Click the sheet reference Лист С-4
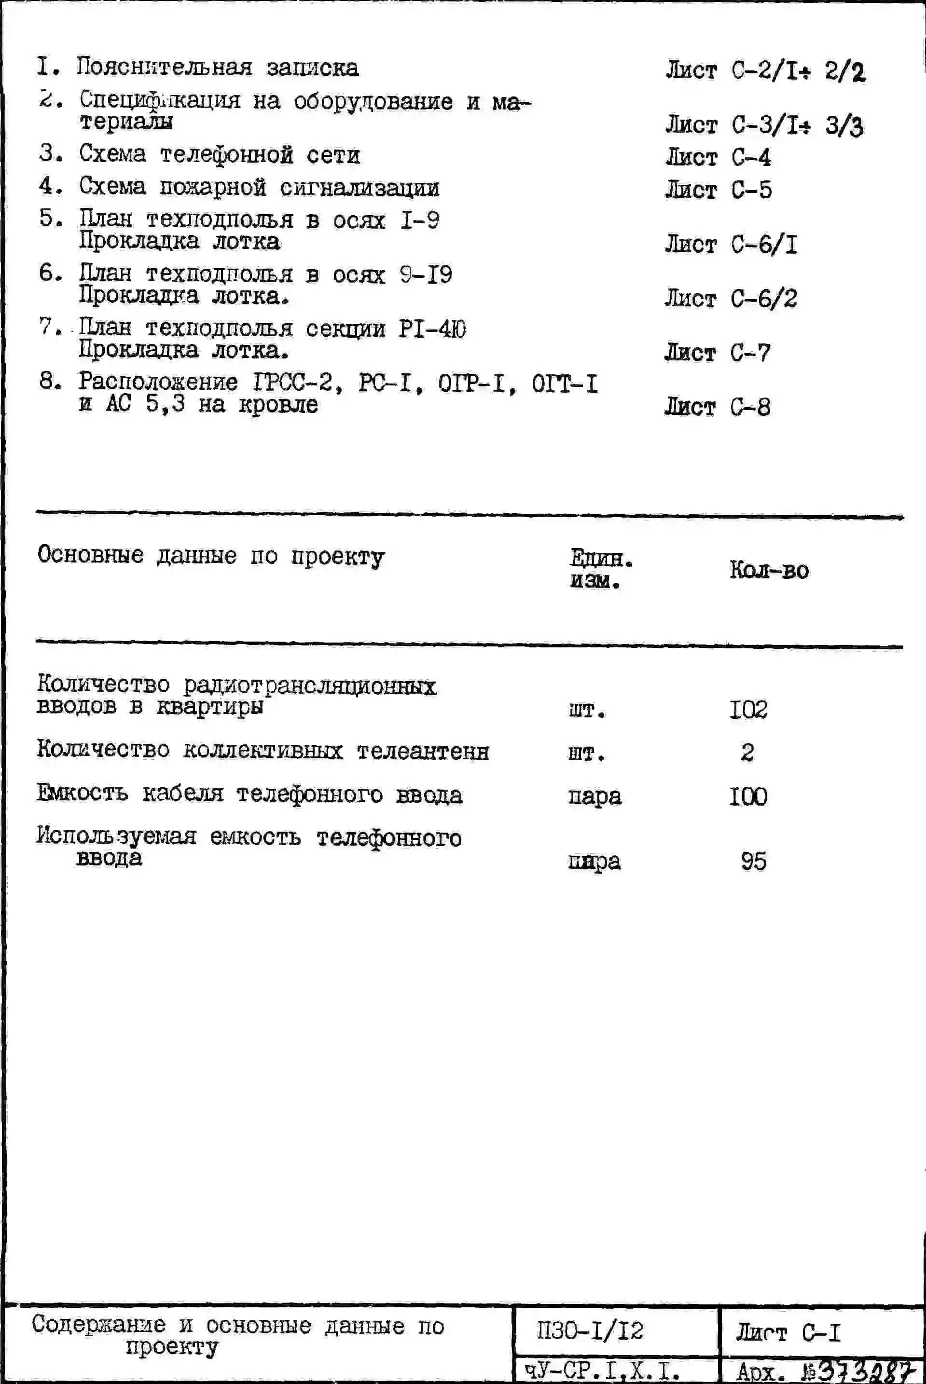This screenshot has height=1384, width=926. [x=718, y=158]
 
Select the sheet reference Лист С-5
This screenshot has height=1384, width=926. [x=718, y=190]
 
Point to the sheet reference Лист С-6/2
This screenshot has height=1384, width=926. [x=731, y=299]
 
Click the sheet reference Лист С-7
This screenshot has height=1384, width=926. [x=717, y=353]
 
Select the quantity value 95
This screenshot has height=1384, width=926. [x=754, y=862]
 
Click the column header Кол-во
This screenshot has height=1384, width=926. [x=769, y=570]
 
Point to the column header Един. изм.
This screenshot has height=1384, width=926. [x=600, y=569]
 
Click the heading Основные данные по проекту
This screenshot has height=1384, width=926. [x=211, y=556]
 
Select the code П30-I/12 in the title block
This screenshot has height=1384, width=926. [x=590, y=1331]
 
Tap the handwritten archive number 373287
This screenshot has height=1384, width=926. [x=866, y=1371]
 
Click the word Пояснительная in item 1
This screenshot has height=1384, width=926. [x=164, y=68]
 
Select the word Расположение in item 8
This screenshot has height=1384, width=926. [x=158, y=383]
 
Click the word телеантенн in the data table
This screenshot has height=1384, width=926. [x=423, y=752]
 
